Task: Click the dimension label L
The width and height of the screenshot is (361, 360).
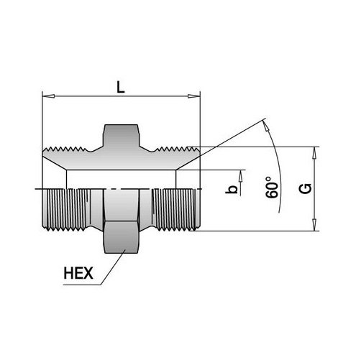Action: [121, 87]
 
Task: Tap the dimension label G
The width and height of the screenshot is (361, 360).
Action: [306, 188]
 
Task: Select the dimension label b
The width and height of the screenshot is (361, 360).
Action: [232, 189]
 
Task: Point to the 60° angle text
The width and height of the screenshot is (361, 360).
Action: [272, 188]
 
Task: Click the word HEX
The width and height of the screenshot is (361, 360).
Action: [78, 273]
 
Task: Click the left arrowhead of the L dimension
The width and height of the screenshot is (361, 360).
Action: [48, 96]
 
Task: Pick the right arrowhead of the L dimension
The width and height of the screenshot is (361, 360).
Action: [193, 96]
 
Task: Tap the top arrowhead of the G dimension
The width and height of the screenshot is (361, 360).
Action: [314, 152]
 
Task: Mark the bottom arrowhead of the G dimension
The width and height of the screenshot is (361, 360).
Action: [314, 225]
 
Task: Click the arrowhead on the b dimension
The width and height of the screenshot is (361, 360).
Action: [240, 177]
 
